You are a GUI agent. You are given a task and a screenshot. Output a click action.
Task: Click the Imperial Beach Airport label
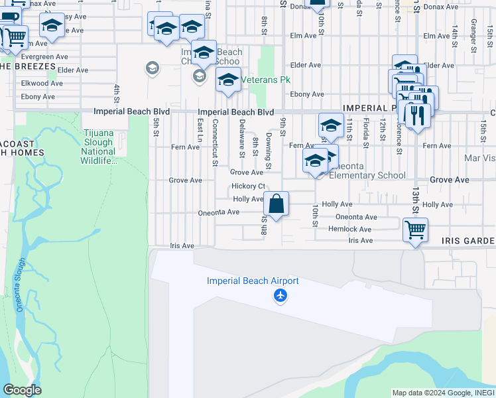coord(253,281)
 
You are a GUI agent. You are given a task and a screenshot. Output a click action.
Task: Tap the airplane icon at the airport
coord(280,295)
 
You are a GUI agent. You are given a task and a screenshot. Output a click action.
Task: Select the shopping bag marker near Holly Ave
coord(277,204)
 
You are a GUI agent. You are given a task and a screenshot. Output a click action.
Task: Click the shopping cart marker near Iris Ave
coord(415,230)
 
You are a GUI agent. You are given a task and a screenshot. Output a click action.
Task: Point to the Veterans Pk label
coord(266,80)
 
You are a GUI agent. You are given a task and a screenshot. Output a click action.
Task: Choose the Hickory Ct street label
coord(248,186)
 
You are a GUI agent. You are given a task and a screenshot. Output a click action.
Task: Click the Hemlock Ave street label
coord(350,229)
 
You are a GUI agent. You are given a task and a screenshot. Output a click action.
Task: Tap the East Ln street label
coord(200,131)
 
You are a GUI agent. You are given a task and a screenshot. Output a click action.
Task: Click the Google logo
coord(22,390)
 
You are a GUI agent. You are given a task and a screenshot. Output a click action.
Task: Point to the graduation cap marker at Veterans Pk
coord(228,80)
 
